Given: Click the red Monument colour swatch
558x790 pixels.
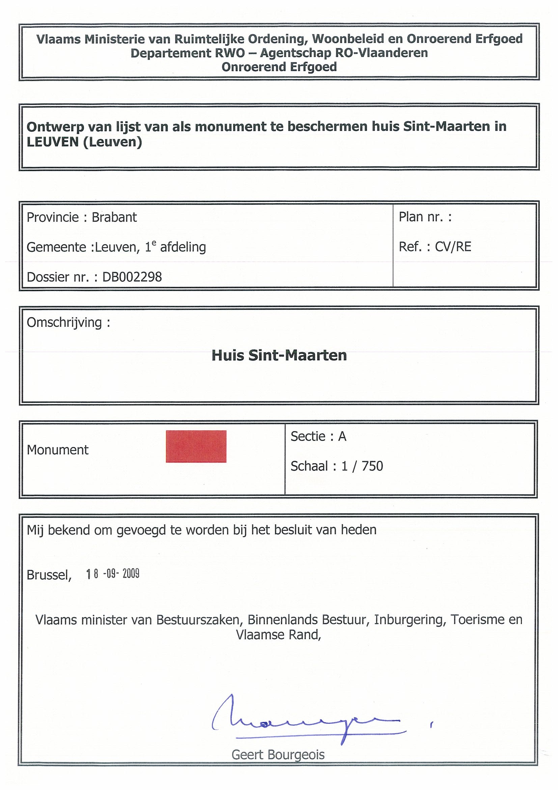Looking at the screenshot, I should point(196,446).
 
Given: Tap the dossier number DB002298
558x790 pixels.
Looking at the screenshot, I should point(132,277).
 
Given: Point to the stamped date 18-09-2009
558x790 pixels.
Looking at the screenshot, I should point(113,574).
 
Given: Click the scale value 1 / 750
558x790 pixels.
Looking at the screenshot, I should point(362,466).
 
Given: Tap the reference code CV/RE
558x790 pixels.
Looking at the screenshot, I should point(453,247).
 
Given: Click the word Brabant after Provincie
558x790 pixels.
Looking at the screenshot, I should point(114,217).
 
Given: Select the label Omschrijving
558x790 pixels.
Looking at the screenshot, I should point(64,323).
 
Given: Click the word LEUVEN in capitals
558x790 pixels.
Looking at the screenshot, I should point(53,142).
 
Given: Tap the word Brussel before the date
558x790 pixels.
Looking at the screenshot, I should point(49,575).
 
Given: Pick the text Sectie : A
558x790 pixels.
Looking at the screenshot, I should point(318,437).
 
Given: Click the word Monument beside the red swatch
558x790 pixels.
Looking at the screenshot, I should point(58,450).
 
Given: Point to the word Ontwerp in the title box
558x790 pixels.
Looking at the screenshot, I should point(55,127).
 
